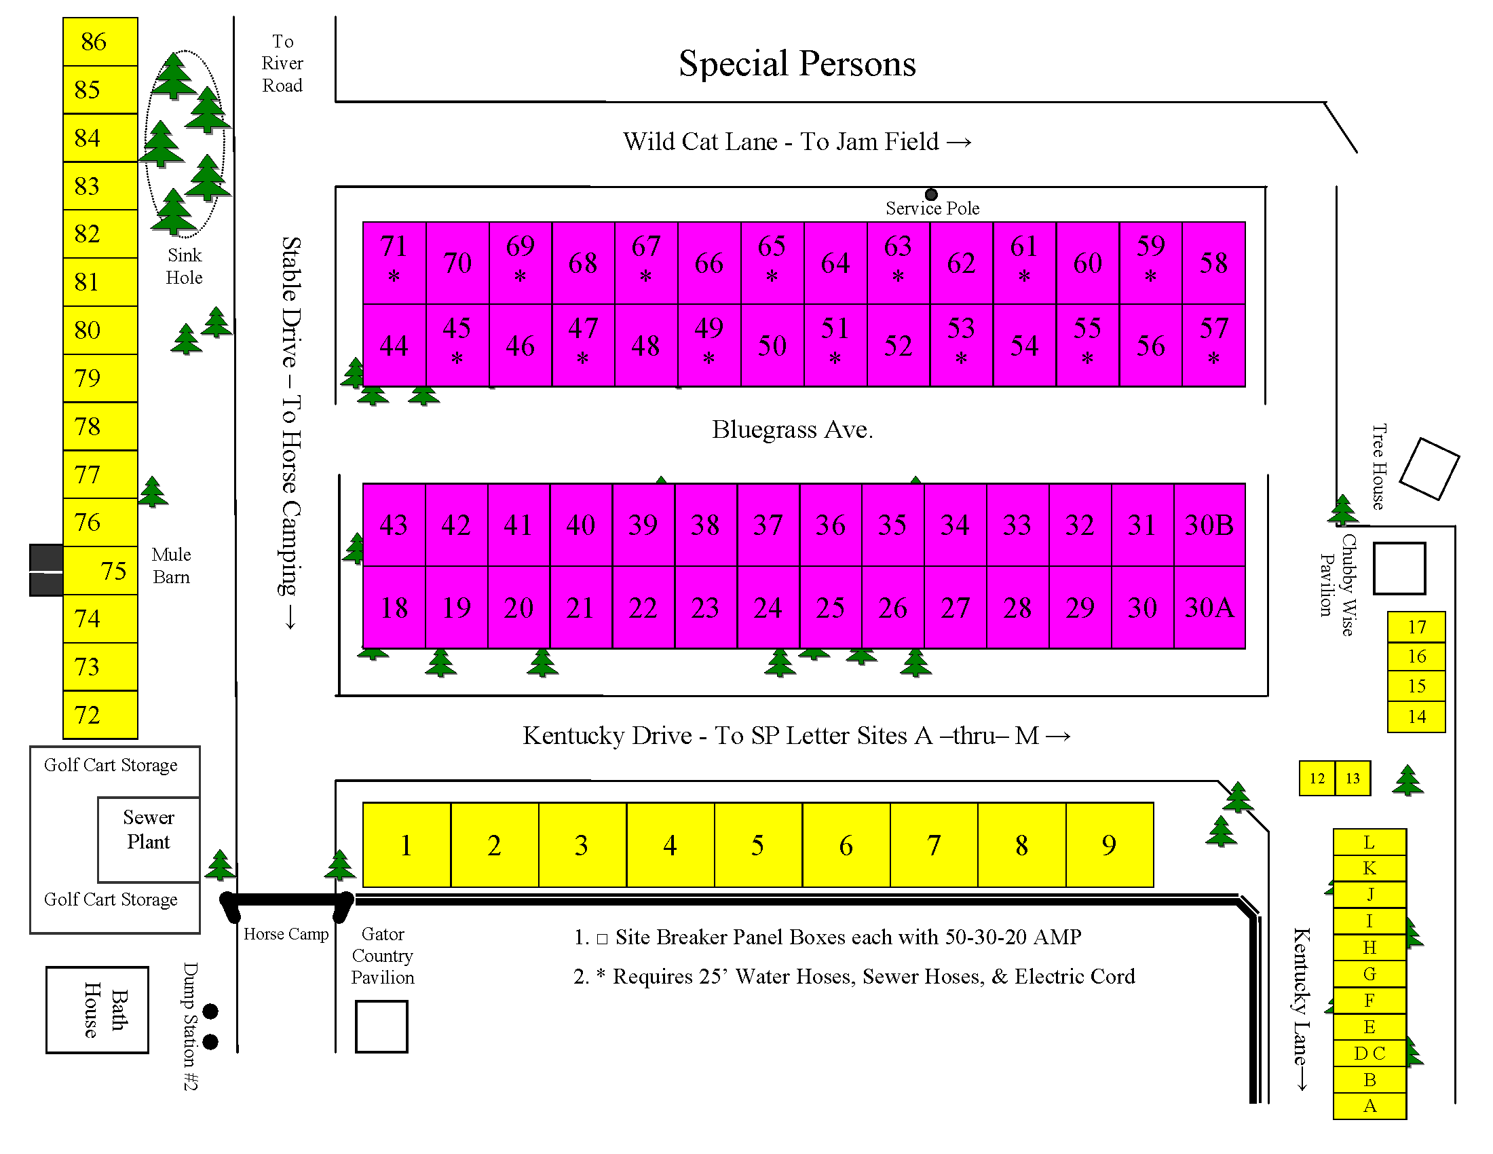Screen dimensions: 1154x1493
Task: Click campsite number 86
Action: click(x=100, y=41)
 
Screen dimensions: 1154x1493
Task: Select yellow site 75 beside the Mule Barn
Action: click(x=100, y=570)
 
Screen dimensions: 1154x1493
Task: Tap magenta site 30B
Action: click(x=1209, y=525)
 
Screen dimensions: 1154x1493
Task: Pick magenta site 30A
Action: click(x=1209, y=608)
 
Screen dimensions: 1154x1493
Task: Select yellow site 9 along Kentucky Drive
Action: click(x=1109, y=845)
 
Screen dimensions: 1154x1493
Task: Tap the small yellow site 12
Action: click(x=1317, y=778)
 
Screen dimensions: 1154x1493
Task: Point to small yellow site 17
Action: click(x=1416, y=627)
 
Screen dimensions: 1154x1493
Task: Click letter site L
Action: click(x=1369, y=842)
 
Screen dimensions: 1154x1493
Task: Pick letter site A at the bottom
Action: click(x=1369, y=1105)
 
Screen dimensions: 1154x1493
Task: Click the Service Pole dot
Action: click(x=931, y=195)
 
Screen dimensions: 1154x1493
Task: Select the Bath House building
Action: click(x=97, y=1009)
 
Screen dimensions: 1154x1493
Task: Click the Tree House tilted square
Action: click(x=1429, y=469)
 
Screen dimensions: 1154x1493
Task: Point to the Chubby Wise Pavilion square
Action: click(x=1399, y=568)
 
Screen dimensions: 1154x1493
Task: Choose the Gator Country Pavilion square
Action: click(x=381, y=1026)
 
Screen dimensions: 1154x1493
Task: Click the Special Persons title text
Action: click(x=797, y=64)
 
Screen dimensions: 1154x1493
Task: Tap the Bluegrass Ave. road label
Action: click(x=792, y=429)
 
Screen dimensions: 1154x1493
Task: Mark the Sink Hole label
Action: click(x=184, y=266)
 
